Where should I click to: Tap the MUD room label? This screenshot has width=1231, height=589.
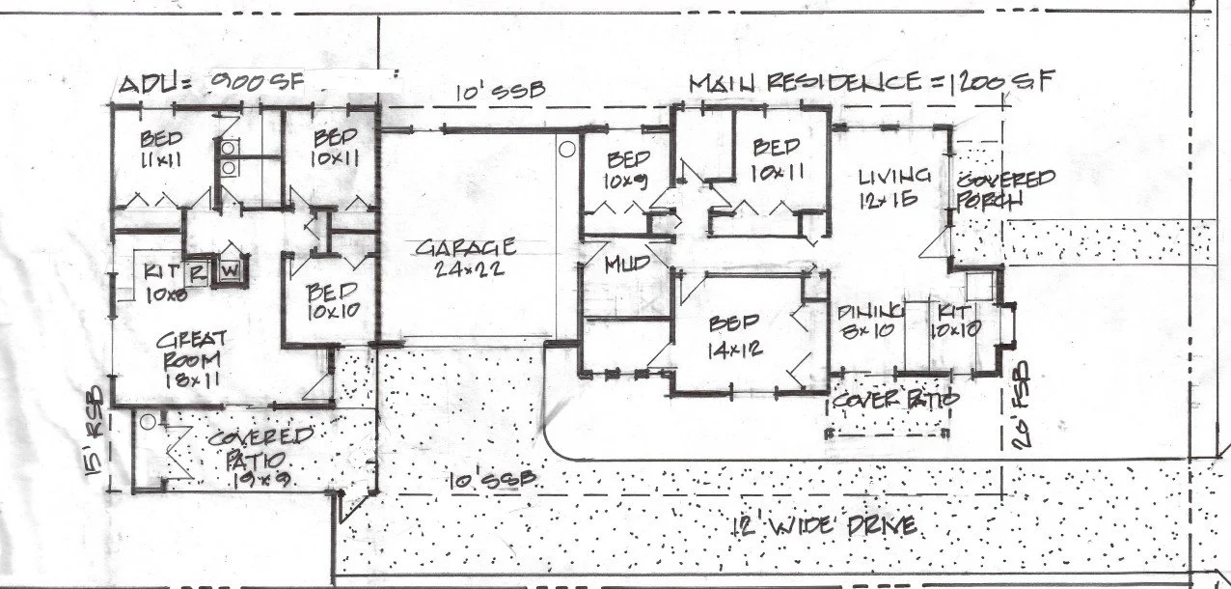(x=624, y=265)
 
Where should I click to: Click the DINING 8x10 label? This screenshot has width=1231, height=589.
(x=869, y=320)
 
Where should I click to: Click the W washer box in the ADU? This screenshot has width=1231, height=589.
(x=230, y=270)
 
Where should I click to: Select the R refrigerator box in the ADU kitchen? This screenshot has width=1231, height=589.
(x=197, y=271)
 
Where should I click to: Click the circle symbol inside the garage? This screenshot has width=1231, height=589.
(x=568, y=149)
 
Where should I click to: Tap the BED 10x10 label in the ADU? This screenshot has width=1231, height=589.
(x=333, y=301)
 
